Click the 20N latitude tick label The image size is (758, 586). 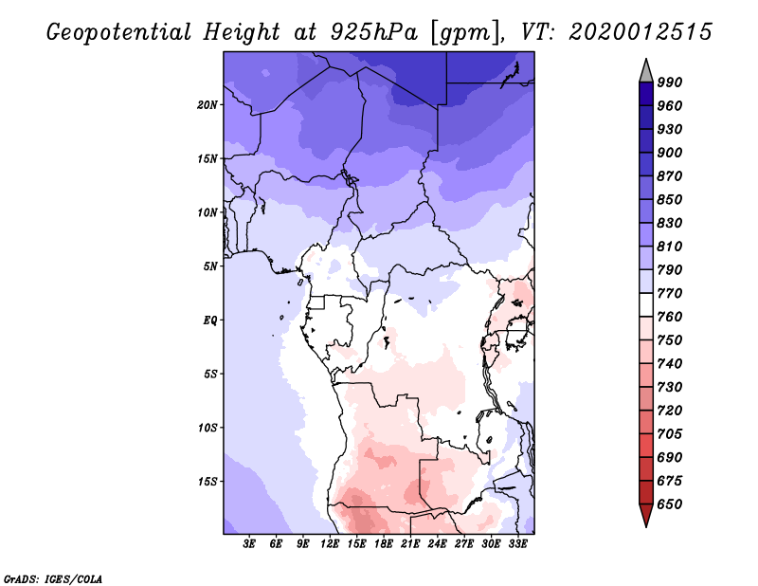[x=208, y=104]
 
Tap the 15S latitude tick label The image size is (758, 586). [x=208, y=481]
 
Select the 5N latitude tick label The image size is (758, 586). [x=210, y=266]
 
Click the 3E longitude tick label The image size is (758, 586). [x=250, y=544]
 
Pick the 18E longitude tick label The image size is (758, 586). [x=384, y=544]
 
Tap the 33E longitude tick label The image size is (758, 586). [x=517, y=544]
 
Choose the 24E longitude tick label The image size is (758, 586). [x=438, y=544]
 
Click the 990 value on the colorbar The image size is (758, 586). [x=670, y=82]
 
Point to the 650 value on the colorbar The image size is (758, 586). [x=670, y=504]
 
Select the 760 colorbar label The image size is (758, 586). [x=670, y=317]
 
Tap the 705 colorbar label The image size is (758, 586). [x=670, y=434]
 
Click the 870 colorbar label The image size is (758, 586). [x=670, y=176]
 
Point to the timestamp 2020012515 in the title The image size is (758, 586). [x=641, y=32]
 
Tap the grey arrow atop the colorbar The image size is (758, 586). [x=646, y=69]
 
